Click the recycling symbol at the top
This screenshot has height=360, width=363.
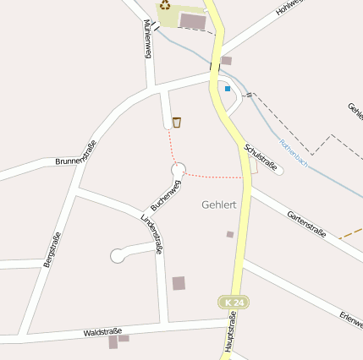tap(166, 4)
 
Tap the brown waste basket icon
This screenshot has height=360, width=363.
tap(176, 123)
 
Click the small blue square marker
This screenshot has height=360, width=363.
tap(228, 88)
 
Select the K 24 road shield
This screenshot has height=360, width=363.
tap(233, 302)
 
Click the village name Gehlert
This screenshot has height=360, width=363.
tap(219, 205)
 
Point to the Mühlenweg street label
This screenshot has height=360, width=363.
tap(147, 40)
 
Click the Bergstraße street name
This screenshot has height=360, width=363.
tap(52, 249)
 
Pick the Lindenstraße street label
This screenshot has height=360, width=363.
tap(151, 234)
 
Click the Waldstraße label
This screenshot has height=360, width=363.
tap(102, 332)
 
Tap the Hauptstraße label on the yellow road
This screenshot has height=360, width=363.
tap(229, 333)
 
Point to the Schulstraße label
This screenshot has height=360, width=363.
tap(260, 158)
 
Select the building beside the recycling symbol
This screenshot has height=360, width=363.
tap(192, 19)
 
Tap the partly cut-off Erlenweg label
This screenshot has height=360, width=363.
tap(350, 319)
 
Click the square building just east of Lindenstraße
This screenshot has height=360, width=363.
tap(179, 283)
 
